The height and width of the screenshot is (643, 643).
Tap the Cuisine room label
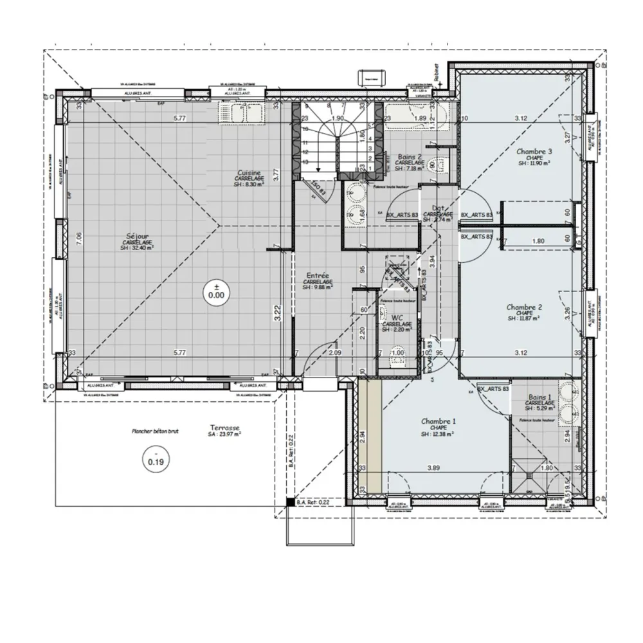click(x=249, y=173)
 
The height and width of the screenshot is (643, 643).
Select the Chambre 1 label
click(x=438, y=422)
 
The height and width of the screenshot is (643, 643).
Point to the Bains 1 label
click(x=540, y=398)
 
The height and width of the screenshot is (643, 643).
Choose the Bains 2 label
click(x=410, y=157)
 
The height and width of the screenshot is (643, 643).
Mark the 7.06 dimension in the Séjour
click(x=78, y=236)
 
